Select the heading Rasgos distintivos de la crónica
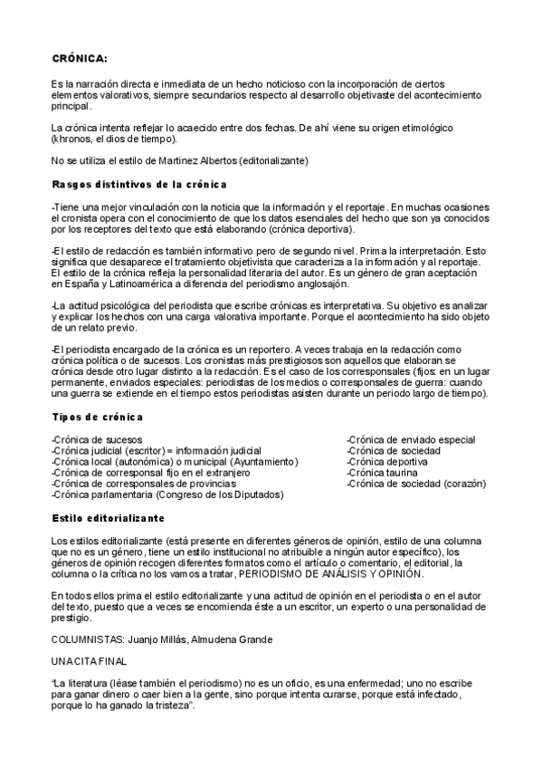click(x=138, y=185)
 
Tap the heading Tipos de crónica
click(x=98, y=417)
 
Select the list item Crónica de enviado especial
click(x=411, y=439)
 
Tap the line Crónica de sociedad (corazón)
click(x=416, y=484)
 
